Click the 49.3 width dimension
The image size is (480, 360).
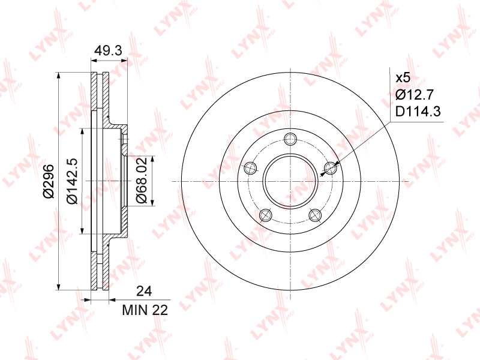click(108, 50)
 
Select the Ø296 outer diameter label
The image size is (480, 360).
click(49, 181)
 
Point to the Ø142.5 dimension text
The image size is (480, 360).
click(72, 181)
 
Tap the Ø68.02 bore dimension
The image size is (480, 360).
click(141, 181)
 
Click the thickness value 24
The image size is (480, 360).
click(144, 291)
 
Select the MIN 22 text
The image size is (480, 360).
click(145, 310)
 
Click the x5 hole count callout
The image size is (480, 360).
click(403, 78)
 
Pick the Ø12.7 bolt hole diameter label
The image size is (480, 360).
click(415, 95)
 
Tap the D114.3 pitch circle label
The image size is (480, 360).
click(418, 112)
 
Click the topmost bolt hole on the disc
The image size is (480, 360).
click(290, 139)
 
